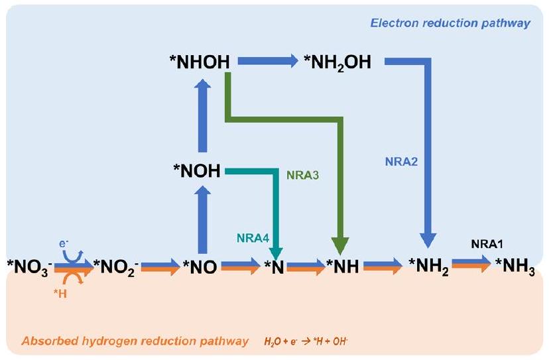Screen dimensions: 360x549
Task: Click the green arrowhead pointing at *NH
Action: [x=341, y=243]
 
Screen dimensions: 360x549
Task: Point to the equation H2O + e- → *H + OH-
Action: [x=318, y=342]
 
